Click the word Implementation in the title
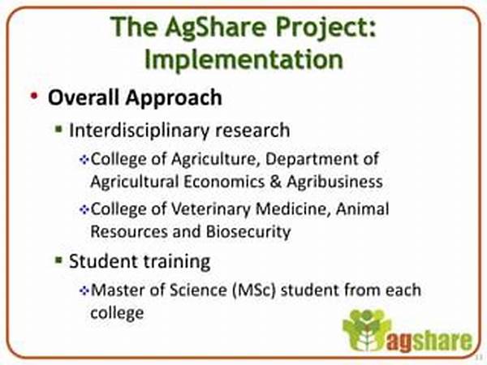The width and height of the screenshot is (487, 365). (243, 59)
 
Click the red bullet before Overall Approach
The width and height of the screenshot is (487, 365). (34, 96)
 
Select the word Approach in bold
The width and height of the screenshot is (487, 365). (174, 98)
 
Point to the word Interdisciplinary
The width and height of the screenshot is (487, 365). (139, 130)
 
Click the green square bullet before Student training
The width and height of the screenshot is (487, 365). (58, 260)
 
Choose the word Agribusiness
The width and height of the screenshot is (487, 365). (334, 182)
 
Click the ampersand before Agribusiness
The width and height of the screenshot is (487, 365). (275, 182)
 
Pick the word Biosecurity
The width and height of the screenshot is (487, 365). (248, 231)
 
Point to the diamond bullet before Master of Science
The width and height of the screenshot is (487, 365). (84, 291)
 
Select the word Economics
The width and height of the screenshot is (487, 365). (224, 182)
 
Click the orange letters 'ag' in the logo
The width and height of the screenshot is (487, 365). (399, 342)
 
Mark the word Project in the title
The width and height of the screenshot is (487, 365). (321, 28)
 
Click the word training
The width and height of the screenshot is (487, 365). (176, 262)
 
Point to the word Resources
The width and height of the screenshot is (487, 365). (129, 231)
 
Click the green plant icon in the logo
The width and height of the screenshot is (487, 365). (366, 331)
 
